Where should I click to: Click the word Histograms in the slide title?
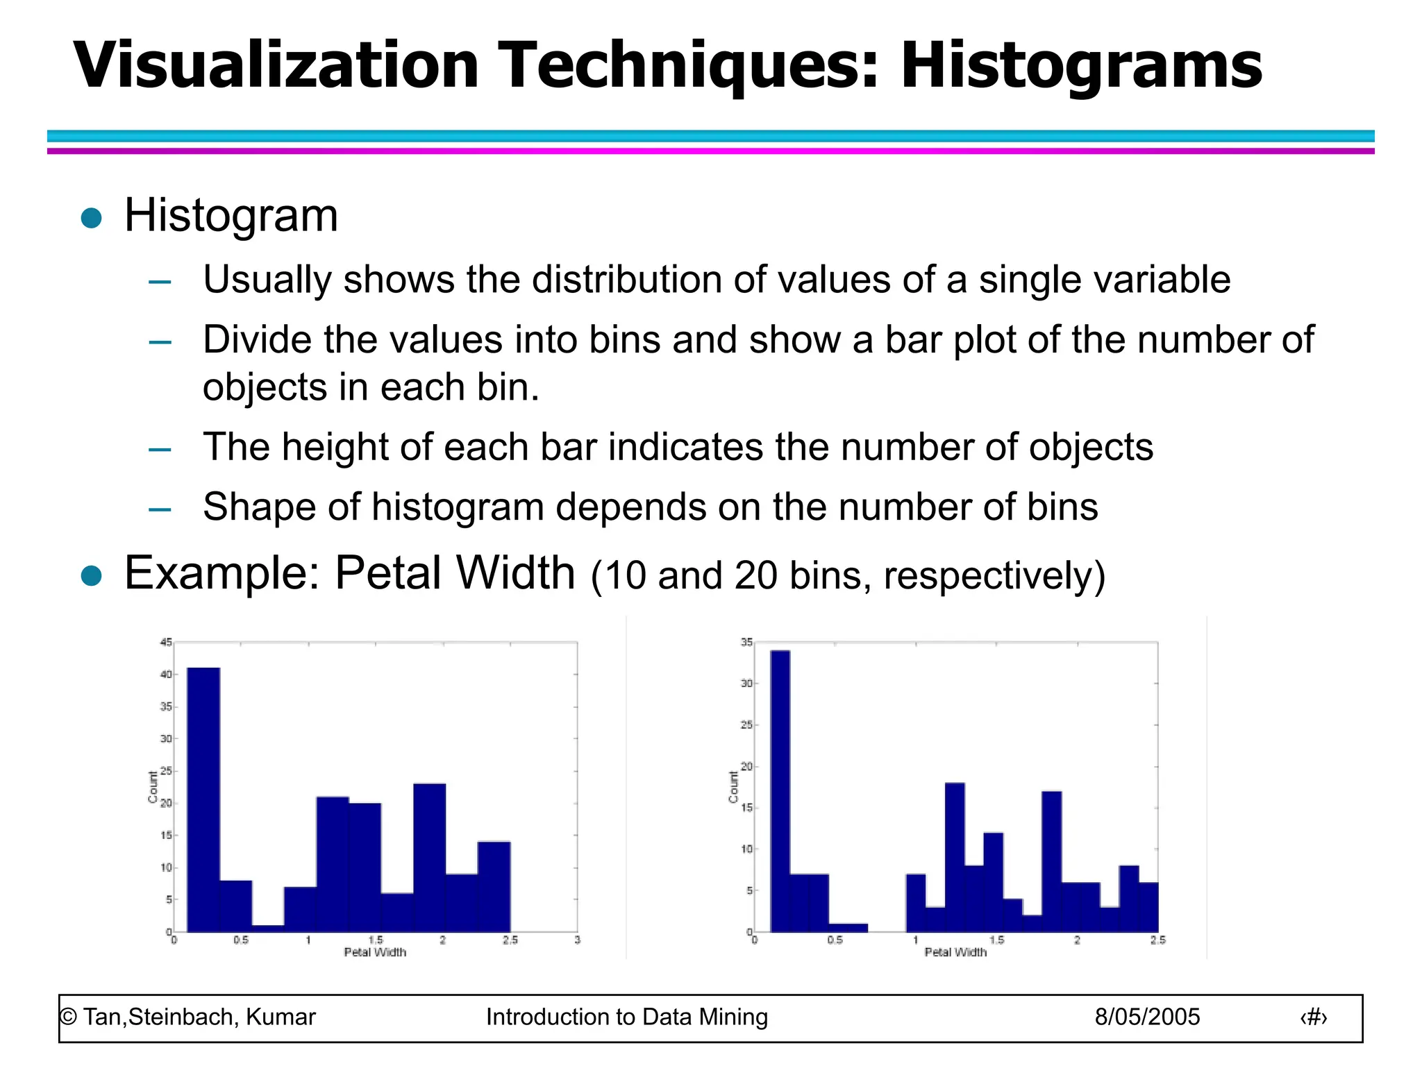coord(1081,66)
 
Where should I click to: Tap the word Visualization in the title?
coord(276,66)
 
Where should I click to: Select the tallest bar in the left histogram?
coord(203,798)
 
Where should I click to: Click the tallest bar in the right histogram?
coord(780,791)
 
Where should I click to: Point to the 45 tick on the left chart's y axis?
coord(165,643)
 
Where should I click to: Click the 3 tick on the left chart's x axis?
coord(577,940)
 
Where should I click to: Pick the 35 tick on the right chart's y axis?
coord(746,643)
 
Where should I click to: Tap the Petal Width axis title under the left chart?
coord(375,952)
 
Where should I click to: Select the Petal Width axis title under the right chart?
coord(955,952)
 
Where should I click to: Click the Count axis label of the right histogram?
coord(733,787)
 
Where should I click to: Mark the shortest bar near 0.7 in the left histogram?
coord(268,928)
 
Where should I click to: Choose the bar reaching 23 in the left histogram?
coord(430,857)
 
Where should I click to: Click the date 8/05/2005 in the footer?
coord(1147,1017)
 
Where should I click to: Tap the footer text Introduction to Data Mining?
coord(626,1017)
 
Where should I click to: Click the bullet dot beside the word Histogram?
coord(92,218)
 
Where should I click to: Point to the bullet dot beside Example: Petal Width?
coord(92,575)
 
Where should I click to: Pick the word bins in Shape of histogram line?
coord(1062,507)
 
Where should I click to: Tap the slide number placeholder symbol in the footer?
coord(1313,1017)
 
